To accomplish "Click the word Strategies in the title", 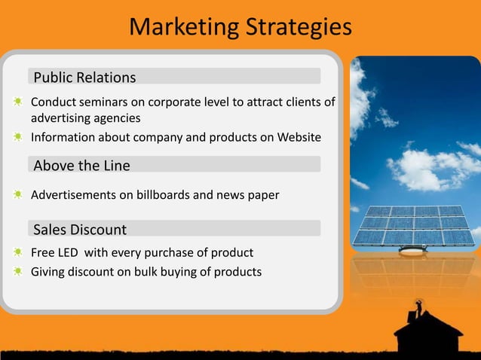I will (x=296, y=28).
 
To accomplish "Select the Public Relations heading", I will (x=84, y=78).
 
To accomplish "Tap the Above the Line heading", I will (x=81, y=165).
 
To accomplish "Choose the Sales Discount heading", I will (x=80, y=229).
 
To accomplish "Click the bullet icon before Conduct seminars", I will (x=17, y=102).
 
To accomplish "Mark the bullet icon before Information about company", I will (x=17, y=138).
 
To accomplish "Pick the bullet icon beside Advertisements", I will (x=17, y=195).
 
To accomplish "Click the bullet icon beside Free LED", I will (x=17, y=252).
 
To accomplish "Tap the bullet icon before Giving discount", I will (x=17, y=271).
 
